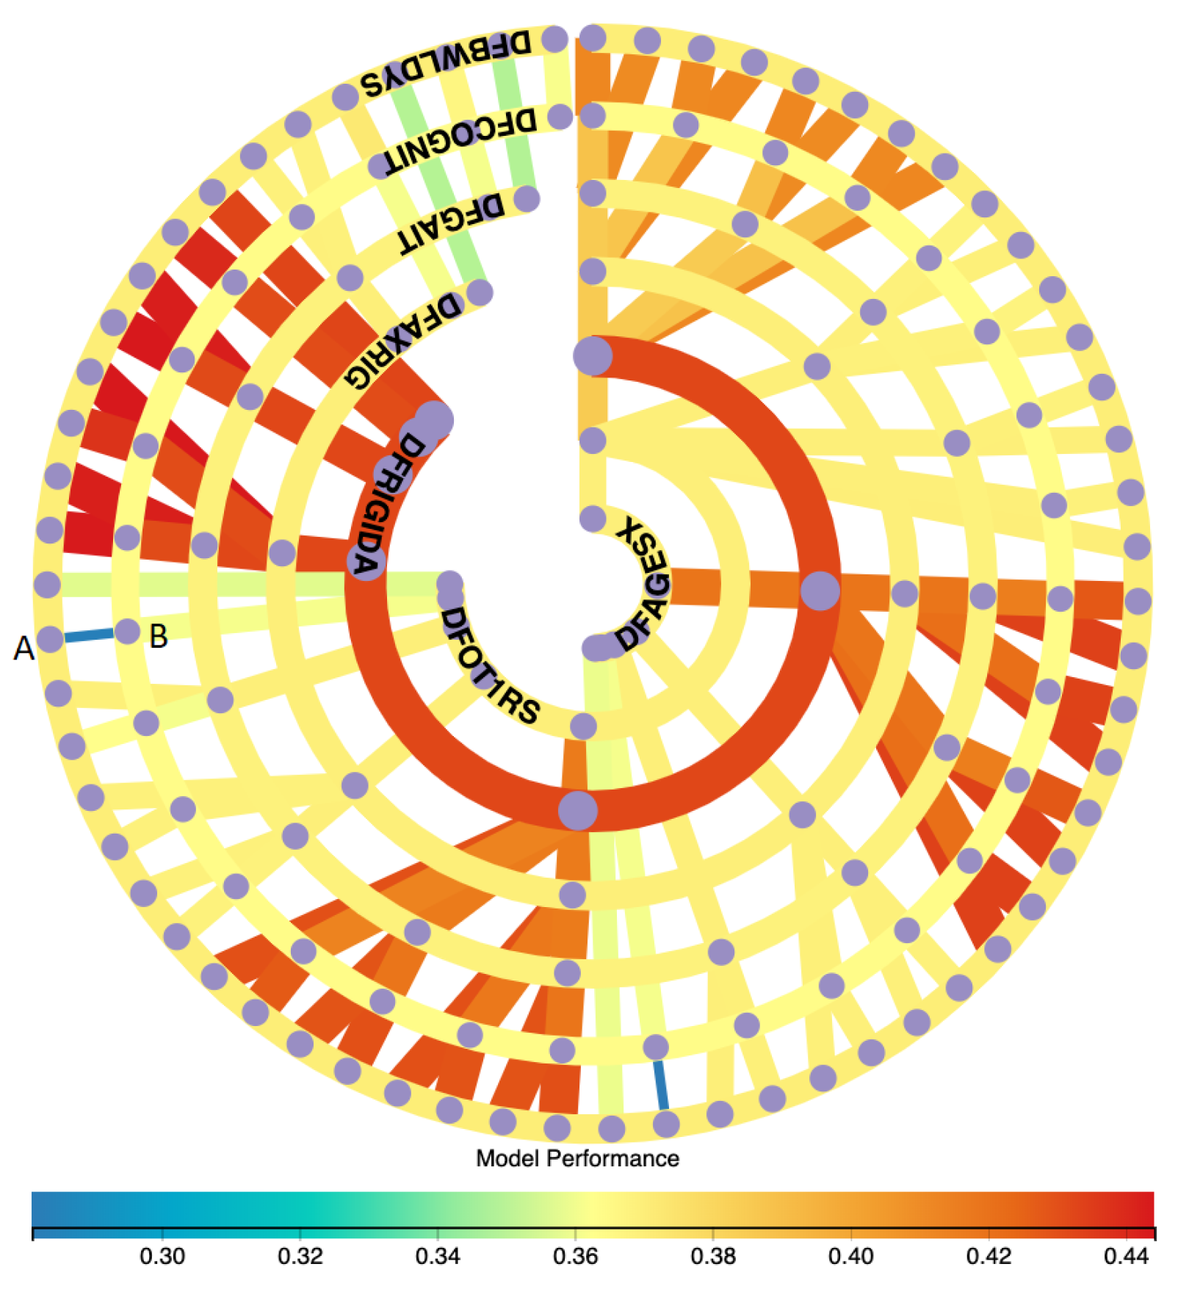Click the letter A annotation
tap(24, 649)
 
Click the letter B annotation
tap(159, 636)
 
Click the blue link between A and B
tap(89, 635)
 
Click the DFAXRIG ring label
tap(402, 339)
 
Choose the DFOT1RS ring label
tap(489, 664)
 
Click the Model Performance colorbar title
tap(577, 1158)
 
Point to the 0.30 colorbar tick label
tap(162, 1257)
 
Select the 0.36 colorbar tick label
tap(575, 1257)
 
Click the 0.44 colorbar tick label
tap(1126, 1257)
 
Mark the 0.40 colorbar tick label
tap(850, 1257)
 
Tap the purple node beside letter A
tap(50, 639)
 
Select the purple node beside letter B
tap(128, 631)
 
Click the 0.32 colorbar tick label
tap(300, 1257)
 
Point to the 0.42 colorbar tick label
tap(989, 1257)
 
